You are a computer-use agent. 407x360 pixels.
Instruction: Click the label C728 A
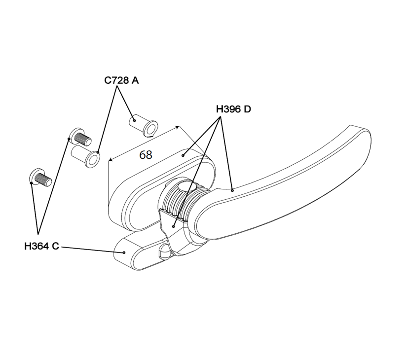point(121,80)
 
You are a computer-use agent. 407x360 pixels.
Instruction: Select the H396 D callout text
point(233,109)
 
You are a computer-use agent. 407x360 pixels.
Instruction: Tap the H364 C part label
point(41,246)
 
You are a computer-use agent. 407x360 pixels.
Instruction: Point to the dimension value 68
point(146,154)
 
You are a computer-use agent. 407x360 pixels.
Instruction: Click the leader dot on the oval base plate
point(183,155)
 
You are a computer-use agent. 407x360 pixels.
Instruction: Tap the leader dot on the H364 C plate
point(124,252)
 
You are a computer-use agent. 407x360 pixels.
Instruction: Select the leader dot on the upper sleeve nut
point(134,119)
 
